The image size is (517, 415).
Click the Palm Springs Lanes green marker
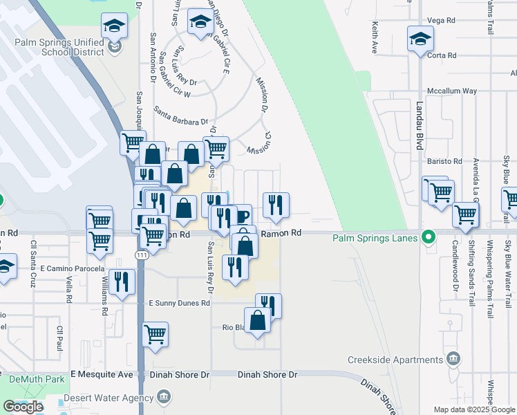[429, 238]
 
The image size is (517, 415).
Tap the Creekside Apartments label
[395, 360]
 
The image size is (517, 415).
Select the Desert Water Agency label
[109, 398]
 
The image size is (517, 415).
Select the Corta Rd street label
[442, 55]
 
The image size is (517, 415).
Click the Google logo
[23, 407]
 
